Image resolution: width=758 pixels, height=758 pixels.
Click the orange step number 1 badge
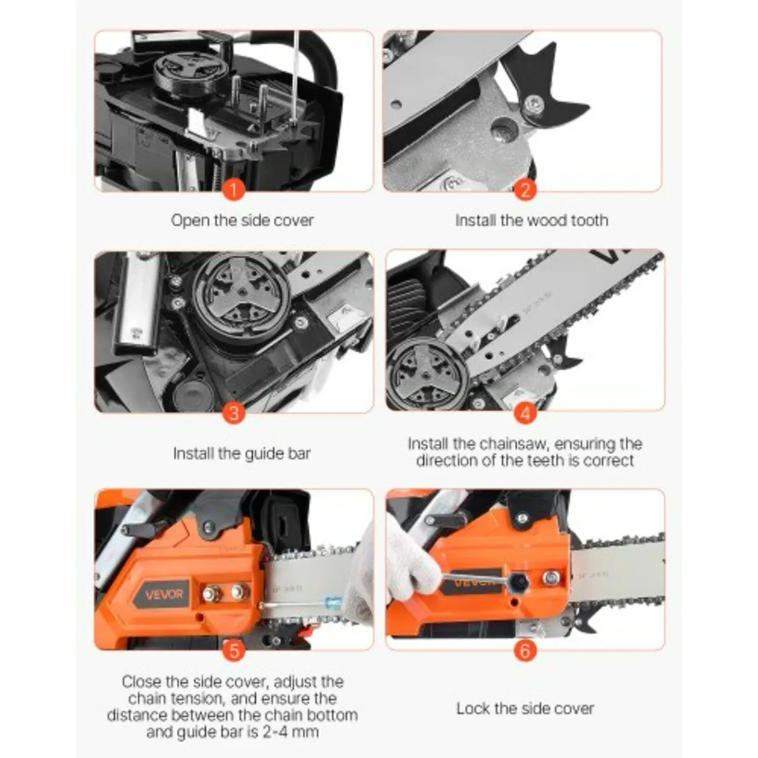234,189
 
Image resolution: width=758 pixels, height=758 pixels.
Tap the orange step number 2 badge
525,189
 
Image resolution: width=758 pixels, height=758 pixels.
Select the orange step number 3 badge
234,413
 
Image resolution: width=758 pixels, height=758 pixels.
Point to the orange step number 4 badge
525,413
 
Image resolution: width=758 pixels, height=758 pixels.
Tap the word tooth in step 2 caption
589,220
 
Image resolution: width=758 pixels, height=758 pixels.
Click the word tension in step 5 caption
252,699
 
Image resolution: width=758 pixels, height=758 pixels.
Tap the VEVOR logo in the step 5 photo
164,594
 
